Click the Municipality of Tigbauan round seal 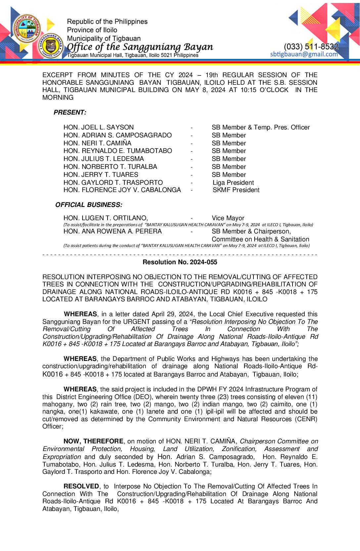(x=27, y=29)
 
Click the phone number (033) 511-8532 (x=311, y=47)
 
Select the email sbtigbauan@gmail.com (x=304, y=54)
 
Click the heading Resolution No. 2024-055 (x=180, y=262)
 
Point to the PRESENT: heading (x=70, y=113)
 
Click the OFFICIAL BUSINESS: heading (x=89, y=205)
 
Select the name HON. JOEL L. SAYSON (x=99, y=127)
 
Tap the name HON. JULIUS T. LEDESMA (x=104, y=159)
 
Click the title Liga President (x=233, y=183)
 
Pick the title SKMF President (x=236, y=190)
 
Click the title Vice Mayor (x=228, y=218)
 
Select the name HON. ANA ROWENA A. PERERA (x=112, y=231)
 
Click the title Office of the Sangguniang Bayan (x=140, y=47)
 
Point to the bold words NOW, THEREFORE (x=93, y=441)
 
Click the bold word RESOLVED (x=81, y=486)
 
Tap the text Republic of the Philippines (x=107, y=22)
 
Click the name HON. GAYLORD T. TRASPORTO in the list (x=113, y=183)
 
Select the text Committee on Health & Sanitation (x=260, y=239)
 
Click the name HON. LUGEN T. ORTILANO (x=106, y=218)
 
